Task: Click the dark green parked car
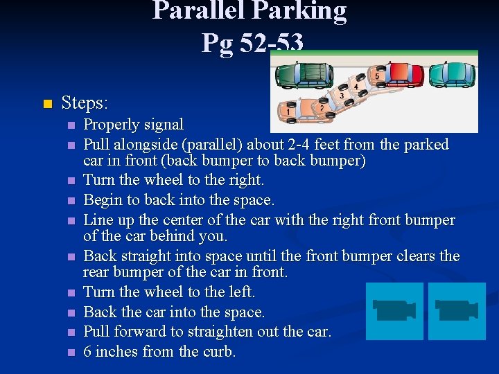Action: click(305, 72)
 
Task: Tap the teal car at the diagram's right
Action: click(452, 73)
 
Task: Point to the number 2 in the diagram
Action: click(322, 109)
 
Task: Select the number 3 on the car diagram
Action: click(341, 96)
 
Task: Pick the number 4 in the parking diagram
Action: click(356, 87)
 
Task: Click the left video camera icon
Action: click(394, 310)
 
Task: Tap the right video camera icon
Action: click(456, 310)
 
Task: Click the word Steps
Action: click(85, 104)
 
